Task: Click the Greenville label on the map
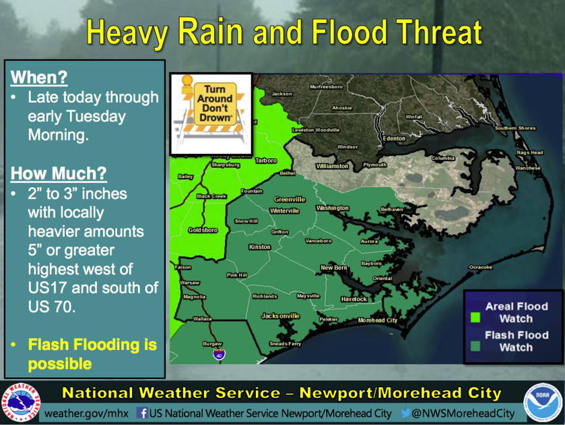point(290,200)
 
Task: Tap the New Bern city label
point(333,268)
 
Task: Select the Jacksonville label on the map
point(281,316)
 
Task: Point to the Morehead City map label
point(377,320)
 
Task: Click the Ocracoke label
point(481,267)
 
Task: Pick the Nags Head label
point(530,152)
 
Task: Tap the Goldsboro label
point(203,230)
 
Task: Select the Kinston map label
point(259,247)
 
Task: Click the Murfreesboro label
point(327,87)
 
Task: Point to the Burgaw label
point(212,343)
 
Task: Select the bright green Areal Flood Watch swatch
point(474,315)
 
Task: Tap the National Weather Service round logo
point(22,403)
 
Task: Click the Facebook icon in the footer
point(142,413)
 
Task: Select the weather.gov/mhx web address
point(88,413)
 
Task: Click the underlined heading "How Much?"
point(58,173)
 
